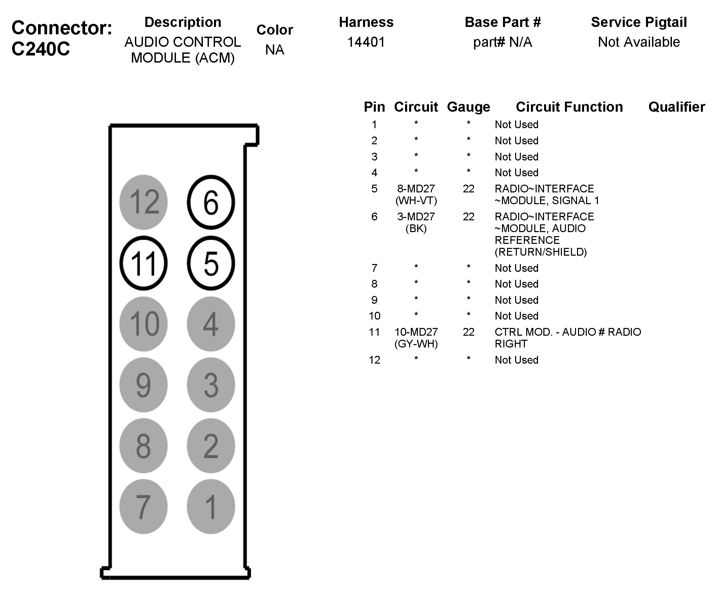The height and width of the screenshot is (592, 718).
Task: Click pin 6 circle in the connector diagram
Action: tap(211, 202)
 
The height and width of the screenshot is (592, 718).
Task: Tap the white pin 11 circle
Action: tap(143, 263)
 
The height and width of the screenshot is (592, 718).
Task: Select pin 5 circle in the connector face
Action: tap(211, 263)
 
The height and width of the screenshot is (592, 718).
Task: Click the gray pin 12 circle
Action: tap(143, 202)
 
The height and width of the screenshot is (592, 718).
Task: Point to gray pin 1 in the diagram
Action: tap(211, 507)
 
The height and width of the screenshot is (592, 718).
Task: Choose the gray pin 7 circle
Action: tap(143, 507)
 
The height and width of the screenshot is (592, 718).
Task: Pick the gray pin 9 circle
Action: tap(143, 385)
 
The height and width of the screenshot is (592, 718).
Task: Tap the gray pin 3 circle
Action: tap(211, 385)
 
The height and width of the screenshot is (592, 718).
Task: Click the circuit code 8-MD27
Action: tap(416, 189)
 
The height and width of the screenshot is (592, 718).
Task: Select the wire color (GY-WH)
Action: tap(416, 344)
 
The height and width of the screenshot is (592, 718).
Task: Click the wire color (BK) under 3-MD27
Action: tap(416, 228)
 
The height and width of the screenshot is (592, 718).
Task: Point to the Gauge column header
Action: tap(468, 107)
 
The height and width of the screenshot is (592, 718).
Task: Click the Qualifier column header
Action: tap(676, 107)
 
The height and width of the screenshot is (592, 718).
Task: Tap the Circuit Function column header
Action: tap(569, 107)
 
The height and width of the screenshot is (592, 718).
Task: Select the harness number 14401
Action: tap(366, 42)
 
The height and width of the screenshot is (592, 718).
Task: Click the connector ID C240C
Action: tap(41, 49)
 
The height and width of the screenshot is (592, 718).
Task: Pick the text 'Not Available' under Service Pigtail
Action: tap(639, 42)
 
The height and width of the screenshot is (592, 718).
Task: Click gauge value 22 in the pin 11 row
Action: tap(468, 332)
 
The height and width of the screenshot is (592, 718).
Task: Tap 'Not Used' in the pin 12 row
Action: tap(516, 360)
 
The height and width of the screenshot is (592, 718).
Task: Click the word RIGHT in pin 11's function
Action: tap(511, 344)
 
